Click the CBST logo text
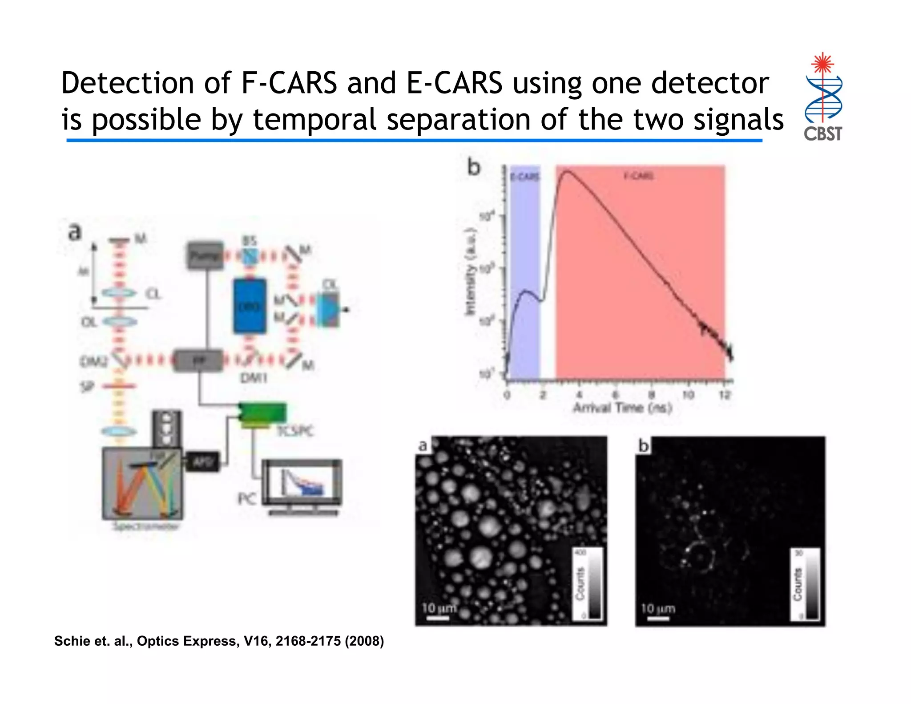[x=822, y=134]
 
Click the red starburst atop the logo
[x=822, y=63]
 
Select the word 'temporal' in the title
[x=315, y=120]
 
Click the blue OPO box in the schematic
[x=250, y=306]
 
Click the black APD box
[x=203, y=462]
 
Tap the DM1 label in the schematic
[x=254, y=378]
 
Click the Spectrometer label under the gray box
[x=146, y=527]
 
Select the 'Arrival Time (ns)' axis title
[x=622, y=407]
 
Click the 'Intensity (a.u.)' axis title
[x=470, y=271]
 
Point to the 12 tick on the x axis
[x=725, y=395]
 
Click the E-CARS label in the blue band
[x=524, y=177]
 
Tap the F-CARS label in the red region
[x=639, y=176]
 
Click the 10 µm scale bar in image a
[x=439, y=618]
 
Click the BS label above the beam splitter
[x=250, y=241]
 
